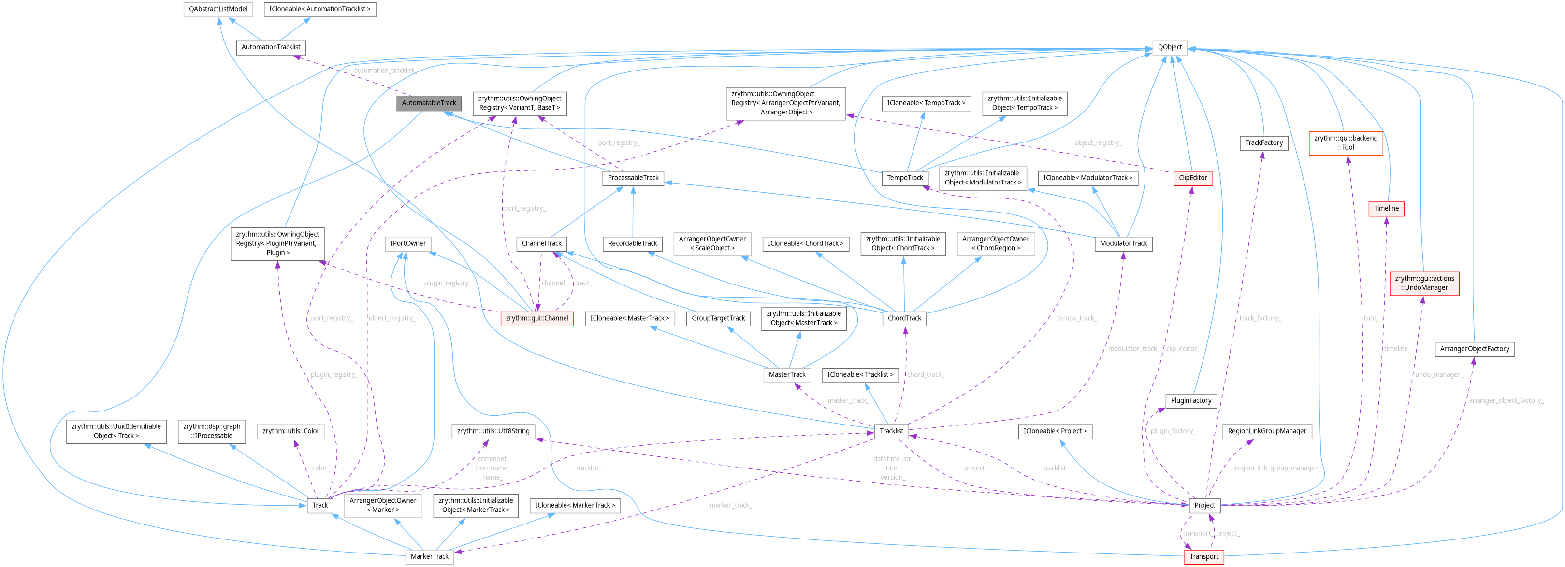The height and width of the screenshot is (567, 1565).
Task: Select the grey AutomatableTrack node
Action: click(x=428, y=103)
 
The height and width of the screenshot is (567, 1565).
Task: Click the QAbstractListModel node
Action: click(x=218, y=9)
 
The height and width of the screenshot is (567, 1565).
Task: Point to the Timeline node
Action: click(x=1386, y=208)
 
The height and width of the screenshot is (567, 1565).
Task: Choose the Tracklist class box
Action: click(x=891, y=431)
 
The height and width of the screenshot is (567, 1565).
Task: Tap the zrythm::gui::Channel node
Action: click(x=536, y=318)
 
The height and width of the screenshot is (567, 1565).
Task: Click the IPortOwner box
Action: click(x=407, y=243)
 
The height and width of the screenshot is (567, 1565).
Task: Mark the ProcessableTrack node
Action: click(x=633, y=178)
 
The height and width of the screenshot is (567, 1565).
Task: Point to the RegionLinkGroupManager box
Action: click(x=1266, y=431)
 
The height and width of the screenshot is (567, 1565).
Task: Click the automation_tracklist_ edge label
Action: click(x=384, y=71)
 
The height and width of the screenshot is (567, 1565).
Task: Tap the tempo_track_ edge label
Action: click(x=1076, y=318)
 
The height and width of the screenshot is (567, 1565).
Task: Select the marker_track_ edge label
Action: click(x=730, y=505)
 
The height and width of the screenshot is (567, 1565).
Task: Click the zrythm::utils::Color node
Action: click(x=290, y=431)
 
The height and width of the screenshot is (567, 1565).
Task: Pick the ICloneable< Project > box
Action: click(x=1054, y=431)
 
